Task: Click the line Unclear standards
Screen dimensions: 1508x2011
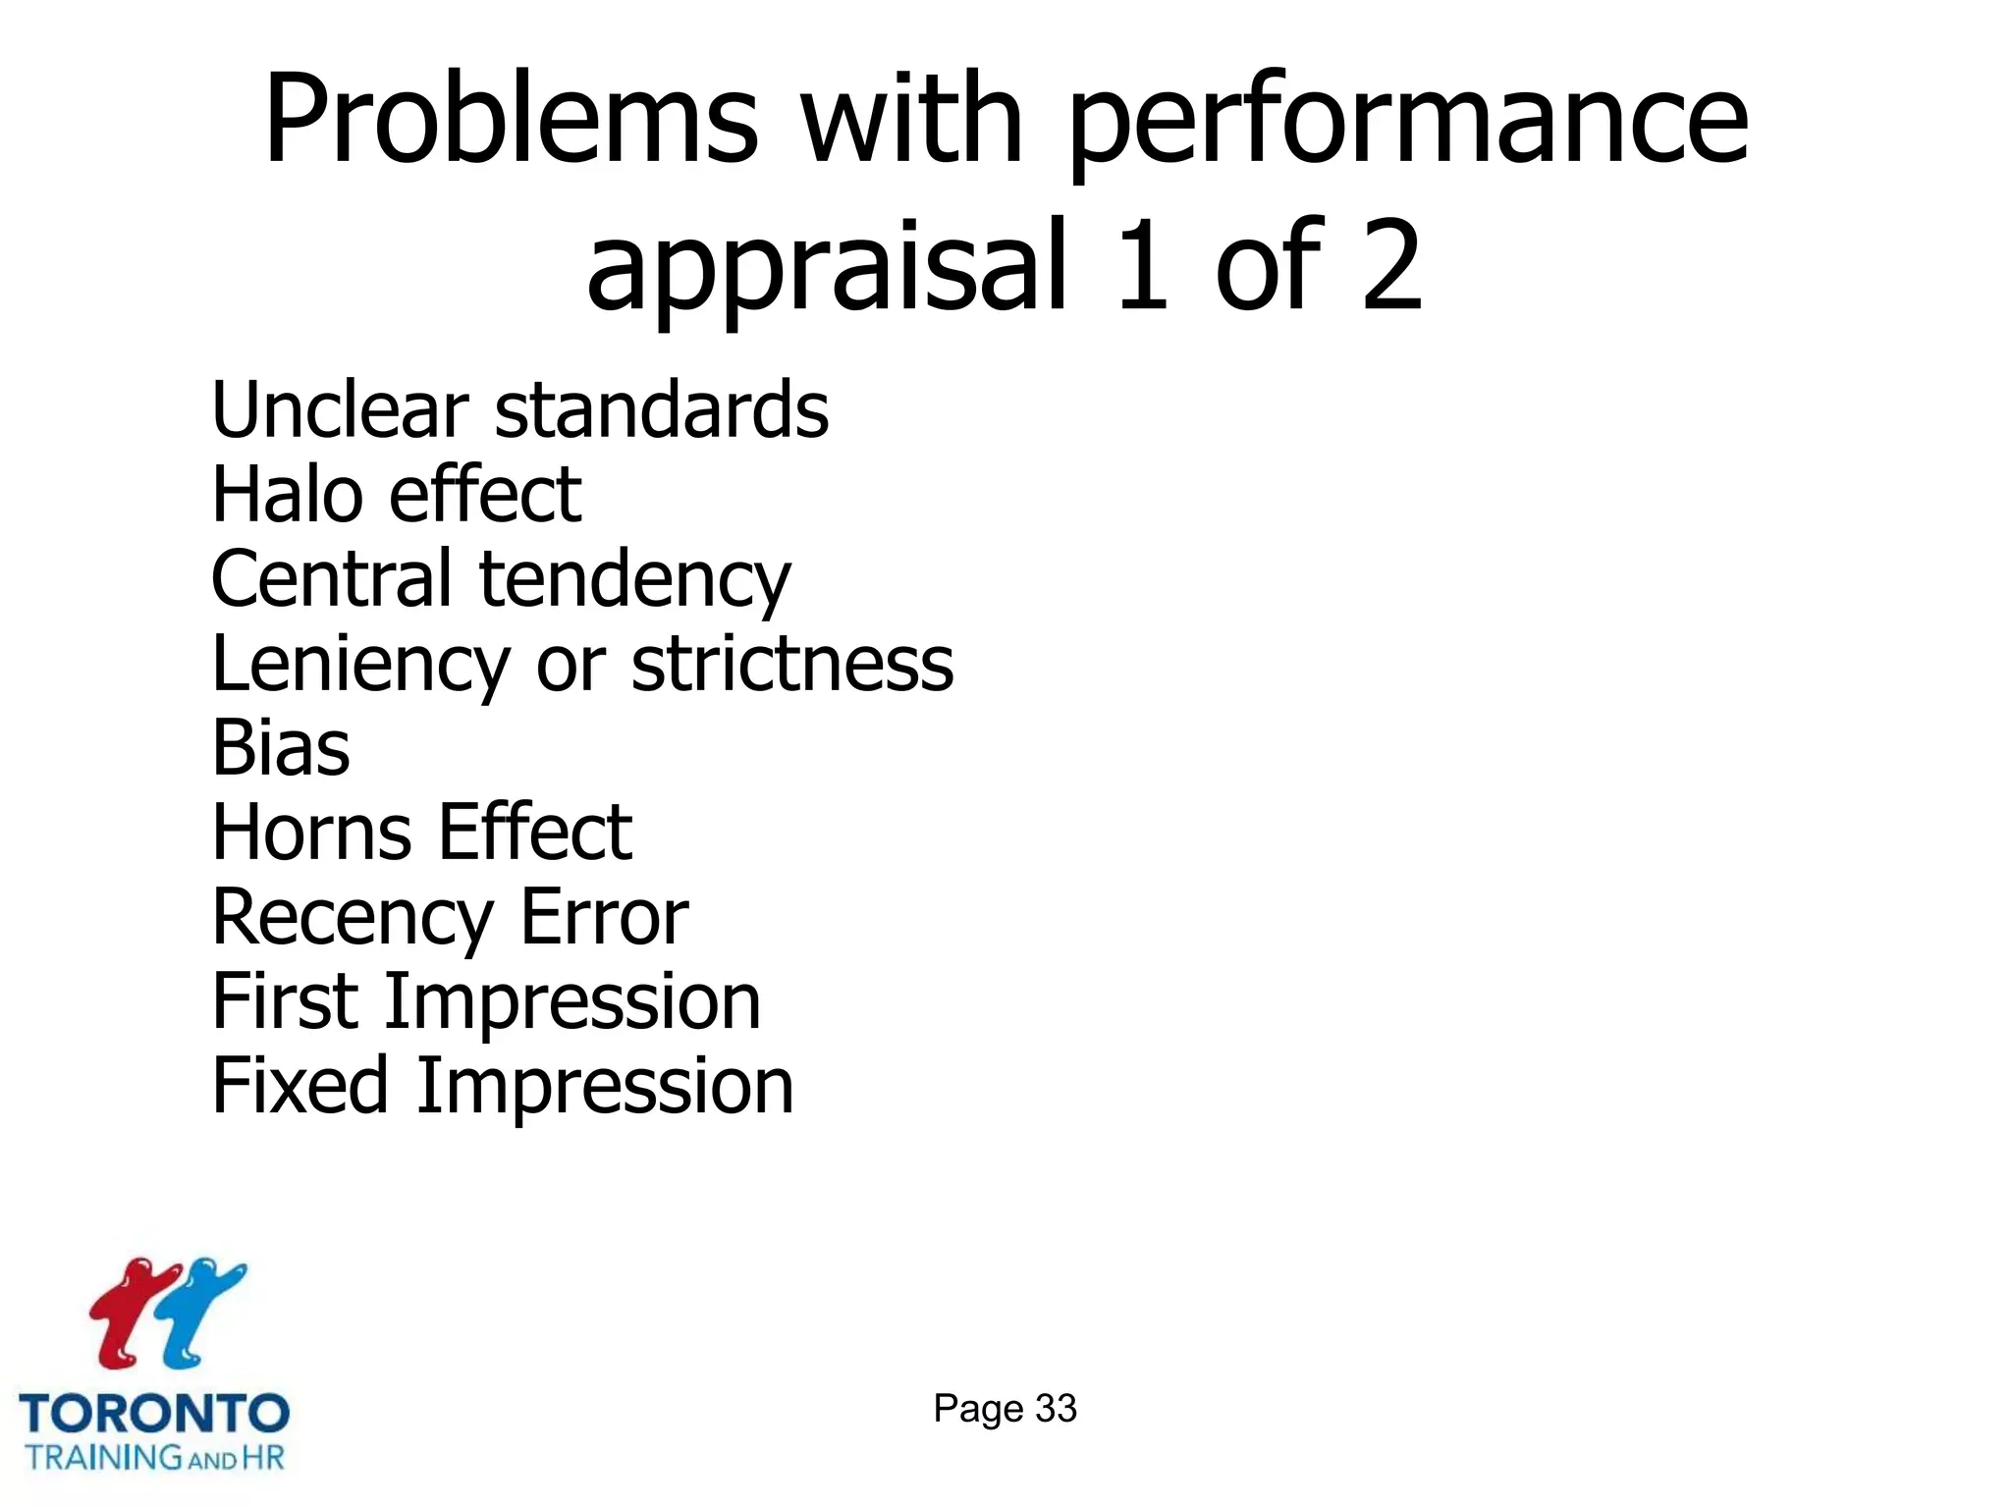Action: pos(519,409)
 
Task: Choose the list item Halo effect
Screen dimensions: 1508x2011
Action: pos(396,494)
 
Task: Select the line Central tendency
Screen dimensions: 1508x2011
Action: pos(500,580)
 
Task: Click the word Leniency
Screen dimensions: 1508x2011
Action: pos(360,666)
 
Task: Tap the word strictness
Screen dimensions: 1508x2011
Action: pos(791,664)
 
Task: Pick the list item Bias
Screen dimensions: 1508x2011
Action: pos(281,748)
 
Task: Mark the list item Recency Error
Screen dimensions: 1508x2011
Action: pos(450,918)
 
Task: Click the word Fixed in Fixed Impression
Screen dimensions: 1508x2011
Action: pos(299,1086)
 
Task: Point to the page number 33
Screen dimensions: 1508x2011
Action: pos(1056,1409)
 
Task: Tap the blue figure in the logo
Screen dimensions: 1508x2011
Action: pos(201,1311)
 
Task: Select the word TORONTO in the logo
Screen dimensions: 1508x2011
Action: pos(154,1414)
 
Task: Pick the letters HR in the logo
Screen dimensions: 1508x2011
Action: pos(262,1457)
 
